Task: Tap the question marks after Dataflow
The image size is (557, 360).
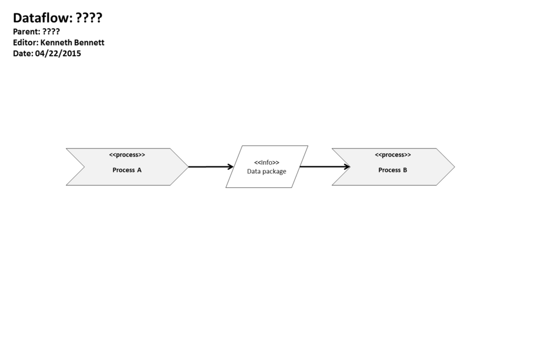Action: point(89,18)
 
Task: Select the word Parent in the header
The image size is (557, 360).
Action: point(25,32)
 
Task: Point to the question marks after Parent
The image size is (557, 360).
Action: point(51,32)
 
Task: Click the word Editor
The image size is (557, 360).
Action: point(24,42)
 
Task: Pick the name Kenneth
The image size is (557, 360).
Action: point(56,42)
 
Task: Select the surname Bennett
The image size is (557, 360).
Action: point(89,42)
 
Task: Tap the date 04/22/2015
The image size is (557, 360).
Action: point(58,53)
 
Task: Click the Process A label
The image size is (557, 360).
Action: point(127,170)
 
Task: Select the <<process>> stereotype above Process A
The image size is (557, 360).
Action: point(127,155)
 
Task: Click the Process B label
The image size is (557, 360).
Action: point(393,170)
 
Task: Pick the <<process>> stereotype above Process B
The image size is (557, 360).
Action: point(393,155)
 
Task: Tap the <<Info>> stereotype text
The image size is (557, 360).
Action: point(266,162)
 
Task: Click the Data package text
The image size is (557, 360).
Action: point(266,171)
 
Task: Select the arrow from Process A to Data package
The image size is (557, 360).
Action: point(209,167)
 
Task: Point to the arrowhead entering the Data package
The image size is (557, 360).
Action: point(230,167)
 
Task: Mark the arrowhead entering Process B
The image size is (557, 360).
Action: point(347,167)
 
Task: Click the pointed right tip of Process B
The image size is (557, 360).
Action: point(453,167)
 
